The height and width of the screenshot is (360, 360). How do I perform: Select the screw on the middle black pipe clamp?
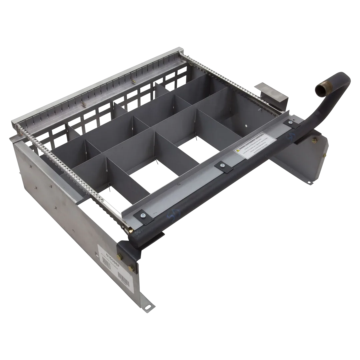pyautogui.click(x=221, y=165)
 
